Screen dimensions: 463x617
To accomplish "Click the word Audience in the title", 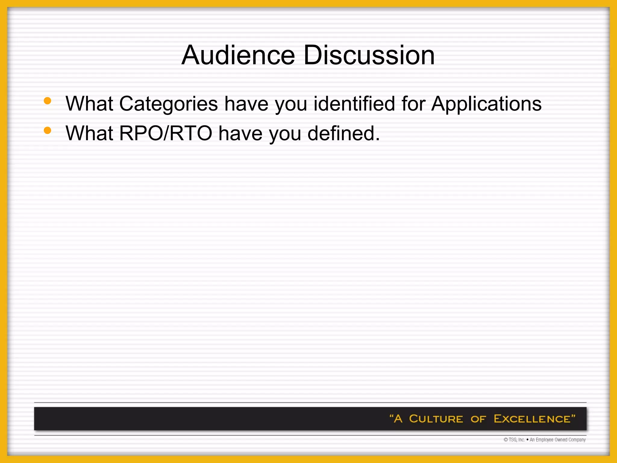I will coord(238,55).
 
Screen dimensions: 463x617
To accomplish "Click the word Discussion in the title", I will coord(369,55).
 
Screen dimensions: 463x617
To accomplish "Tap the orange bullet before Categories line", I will coord(47,101).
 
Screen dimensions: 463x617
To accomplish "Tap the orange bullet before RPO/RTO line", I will coord(47,130).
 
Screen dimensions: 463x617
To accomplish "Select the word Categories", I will coord(168,104).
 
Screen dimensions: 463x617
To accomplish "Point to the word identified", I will coord(354,103).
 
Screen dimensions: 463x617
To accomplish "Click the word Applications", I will coord(486,104).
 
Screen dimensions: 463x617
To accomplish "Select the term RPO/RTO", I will coord(166,133).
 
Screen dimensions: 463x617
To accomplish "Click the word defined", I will coord(343,133).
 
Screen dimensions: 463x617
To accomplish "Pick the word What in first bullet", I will coord(89,104).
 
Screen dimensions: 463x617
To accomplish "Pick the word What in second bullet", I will coord(89,133).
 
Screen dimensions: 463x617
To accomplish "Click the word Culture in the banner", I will coord(436,419).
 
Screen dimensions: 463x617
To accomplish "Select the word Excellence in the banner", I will coord(532,419).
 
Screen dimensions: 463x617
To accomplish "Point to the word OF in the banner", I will coord(478,419).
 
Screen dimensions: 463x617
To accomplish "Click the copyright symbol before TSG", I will coord(506,440).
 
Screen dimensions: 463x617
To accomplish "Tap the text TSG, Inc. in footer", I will coord(517,440).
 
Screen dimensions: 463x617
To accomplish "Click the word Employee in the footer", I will coord(544,440).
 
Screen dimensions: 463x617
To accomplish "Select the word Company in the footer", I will coord(577,440).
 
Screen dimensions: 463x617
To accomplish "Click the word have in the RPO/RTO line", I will coord(240,133).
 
